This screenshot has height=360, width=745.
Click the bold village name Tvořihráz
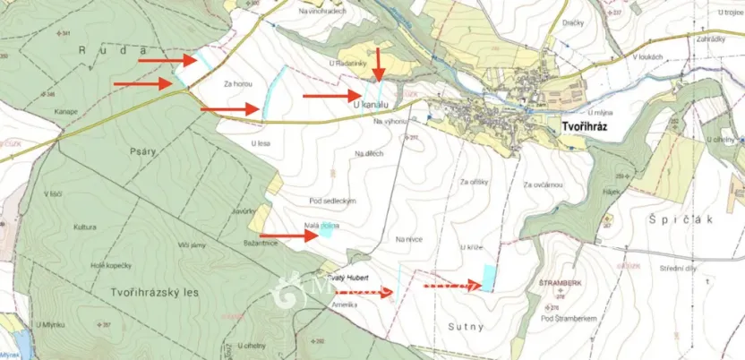(586, 128)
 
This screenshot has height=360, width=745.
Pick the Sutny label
(466, 327)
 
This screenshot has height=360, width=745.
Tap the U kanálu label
(374, 106)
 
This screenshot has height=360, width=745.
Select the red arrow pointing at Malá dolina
(288, 236)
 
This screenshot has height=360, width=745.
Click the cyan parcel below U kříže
(489, 277)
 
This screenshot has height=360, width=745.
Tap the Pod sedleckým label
(333, 201)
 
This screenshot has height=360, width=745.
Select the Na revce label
(408, 239)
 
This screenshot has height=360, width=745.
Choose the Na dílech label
(369, 153)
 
